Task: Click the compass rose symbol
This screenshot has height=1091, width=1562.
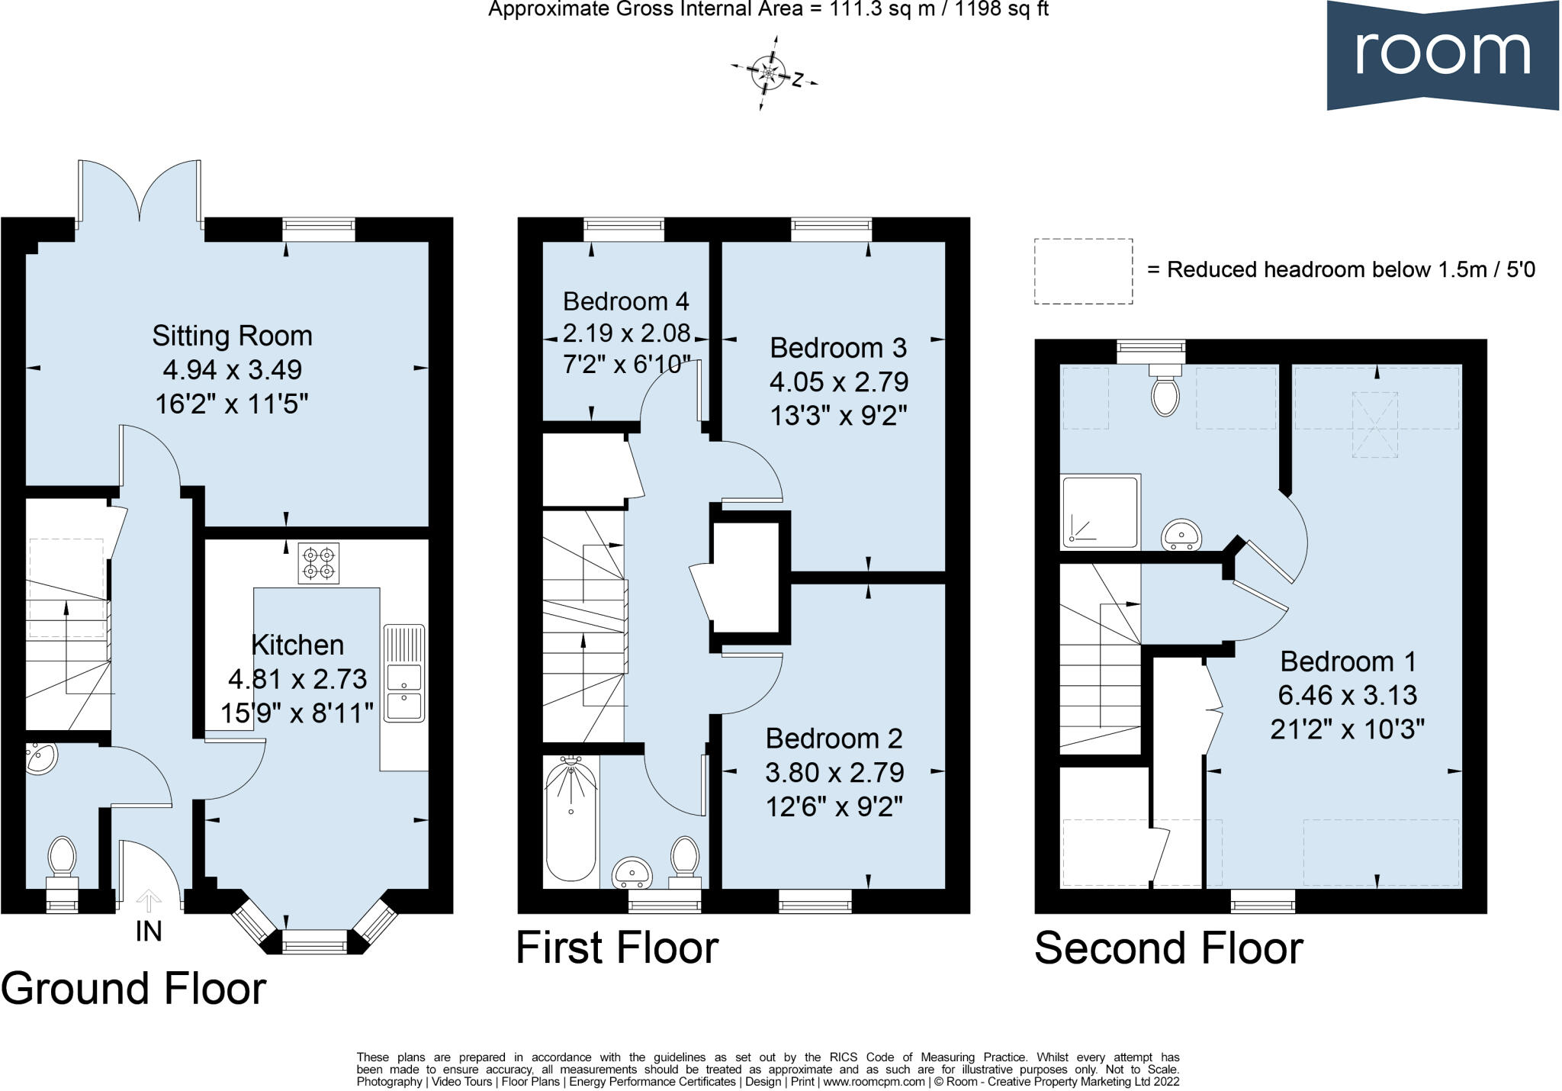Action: click(x=767, y=73)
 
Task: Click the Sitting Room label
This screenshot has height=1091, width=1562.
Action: click(x=232, y=336)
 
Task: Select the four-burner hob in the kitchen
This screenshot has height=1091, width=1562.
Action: click(x=319, y=564)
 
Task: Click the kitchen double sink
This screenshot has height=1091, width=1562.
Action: click(x=404, y=674)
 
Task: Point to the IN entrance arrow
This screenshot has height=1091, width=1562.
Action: click(x=149, y=903)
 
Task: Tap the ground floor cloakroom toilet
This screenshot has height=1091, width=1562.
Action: click(x=62, y=858)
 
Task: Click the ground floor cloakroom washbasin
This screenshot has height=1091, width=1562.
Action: click(x=40, y=758)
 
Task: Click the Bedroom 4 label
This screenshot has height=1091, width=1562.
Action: click(x=625, y=301)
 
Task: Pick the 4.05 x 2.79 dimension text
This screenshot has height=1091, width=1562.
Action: click(x=838, y=381)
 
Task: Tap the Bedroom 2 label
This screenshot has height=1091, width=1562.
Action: click(x=834, y=739)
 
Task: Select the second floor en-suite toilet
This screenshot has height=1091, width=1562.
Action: click(x=1165, y=390)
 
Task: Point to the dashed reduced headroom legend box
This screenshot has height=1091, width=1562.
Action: click(x=1083, y=271)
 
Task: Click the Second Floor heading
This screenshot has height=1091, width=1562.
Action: click(x=1168, y=948)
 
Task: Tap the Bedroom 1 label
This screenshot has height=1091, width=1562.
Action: click(x=1348, y=661)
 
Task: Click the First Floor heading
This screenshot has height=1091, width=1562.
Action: click(x=617, y=948)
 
